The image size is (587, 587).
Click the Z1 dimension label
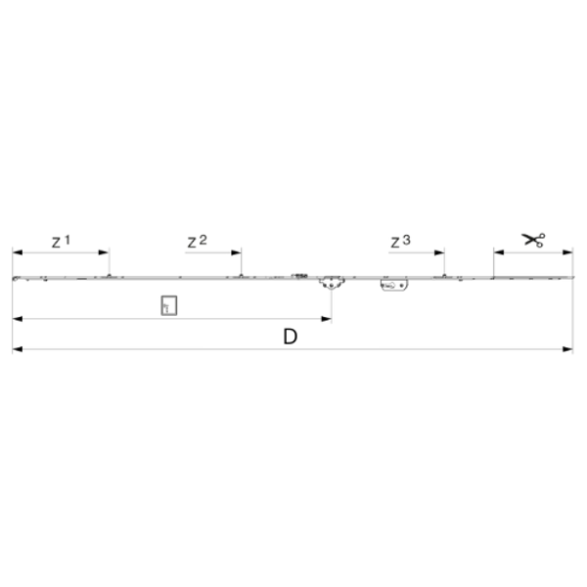[x=61, y=242]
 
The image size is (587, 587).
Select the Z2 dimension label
[x=197, y=242]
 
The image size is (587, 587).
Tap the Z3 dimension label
[x=400, y=242]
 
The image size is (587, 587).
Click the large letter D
[x=291, y=337]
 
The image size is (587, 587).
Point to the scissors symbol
[x=534, y=240]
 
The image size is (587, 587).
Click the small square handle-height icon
[x=169, y=305]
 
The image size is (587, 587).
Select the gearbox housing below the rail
[x=332, y=284]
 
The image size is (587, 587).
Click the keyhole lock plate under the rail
[x=394, y=286]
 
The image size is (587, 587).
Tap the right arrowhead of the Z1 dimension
[x=104, y=252]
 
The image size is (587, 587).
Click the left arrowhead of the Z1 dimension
[x=18, y=252]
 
